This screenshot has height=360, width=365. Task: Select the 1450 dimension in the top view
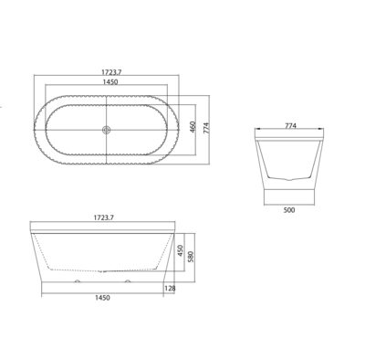(x=109, y=81)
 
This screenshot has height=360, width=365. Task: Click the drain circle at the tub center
(x=108, y=130)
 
